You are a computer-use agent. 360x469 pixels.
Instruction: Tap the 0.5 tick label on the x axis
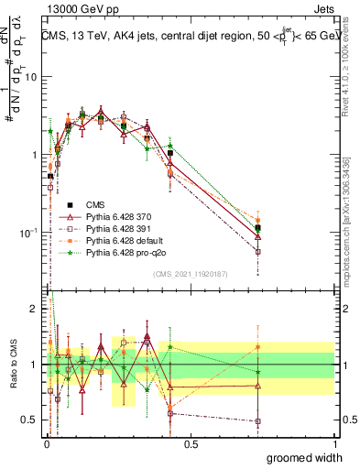pyautogui.click(x=191, y=443)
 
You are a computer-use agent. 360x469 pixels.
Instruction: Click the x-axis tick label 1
pyautogui.click(x=334, y=443)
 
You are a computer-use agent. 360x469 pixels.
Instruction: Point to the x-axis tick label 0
pyautogui.click(x=47, y=443)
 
